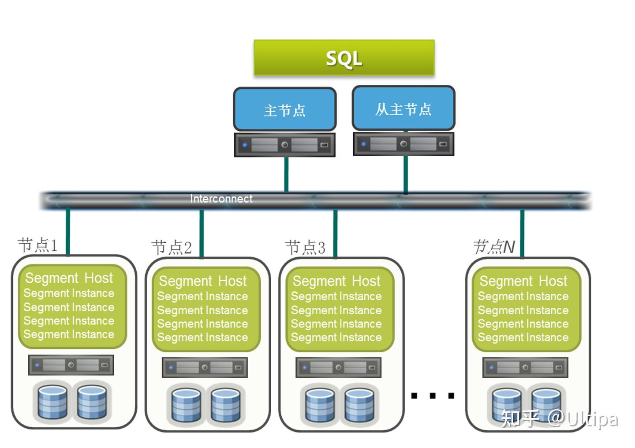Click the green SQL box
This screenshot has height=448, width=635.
(344, 58)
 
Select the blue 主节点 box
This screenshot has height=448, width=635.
(284, 109)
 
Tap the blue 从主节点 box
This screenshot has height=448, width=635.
(403, 109)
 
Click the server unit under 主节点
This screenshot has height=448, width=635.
(284, 145)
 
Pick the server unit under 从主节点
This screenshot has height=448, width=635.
(403, 144)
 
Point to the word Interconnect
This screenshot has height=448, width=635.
(221, 199)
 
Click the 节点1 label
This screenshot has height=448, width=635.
(37, 245)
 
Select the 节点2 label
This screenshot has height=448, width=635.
(172, 248)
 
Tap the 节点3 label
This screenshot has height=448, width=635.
(305, 248)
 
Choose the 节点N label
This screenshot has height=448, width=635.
(494, 247)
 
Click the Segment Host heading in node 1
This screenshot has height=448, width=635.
(69, 278)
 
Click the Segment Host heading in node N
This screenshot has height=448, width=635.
(523, 281)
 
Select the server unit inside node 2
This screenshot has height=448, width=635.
(205, 367)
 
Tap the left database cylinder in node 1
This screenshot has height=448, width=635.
(52, 402)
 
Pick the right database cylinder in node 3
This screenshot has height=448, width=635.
(359, 405)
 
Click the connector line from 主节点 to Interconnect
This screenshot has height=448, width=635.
(286, 174)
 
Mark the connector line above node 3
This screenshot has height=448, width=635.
(335, 233)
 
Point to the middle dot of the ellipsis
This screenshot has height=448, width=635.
(433, 395)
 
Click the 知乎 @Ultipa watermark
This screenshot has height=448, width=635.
(559, 419)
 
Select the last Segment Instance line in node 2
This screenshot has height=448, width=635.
(203, 338)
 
